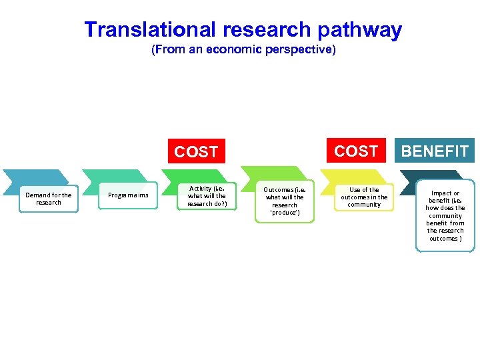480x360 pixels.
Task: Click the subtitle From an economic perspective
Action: (x=243, y=50)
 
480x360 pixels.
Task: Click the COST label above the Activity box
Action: (x=196, y=152)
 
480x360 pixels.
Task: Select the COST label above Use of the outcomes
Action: (x=356, y=151)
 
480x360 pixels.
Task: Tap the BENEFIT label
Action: (x=435, y=151)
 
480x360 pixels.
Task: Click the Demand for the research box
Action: (x=48, y=199)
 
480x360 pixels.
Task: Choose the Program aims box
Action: (x=128, y=195)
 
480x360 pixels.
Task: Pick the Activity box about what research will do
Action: (x=207, y=196)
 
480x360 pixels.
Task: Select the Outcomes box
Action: (x=285, y=201)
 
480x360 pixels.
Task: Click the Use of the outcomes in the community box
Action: (x=364, y=197)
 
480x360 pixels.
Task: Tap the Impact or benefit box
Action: (x=445, y=215)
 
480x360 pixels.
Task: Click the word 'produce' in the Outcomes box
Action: (x=285, y=213)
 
